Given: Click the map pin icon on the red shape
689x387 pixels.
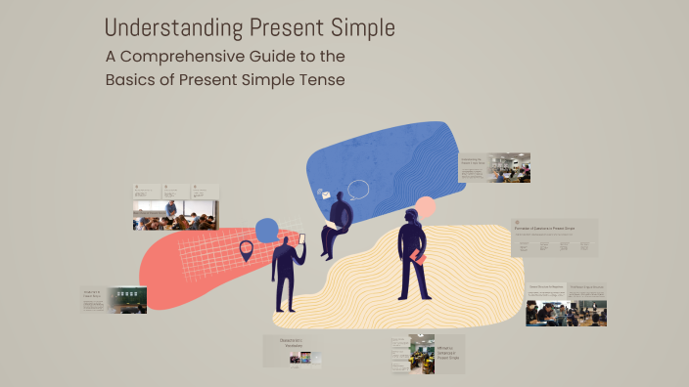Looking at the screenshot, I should (x=246, y=251).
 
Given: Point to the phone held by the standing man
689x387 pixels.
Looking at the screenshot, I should (x=301, y=238).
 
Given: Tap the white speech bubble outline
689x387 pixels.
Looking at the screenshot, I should (x=358, y=190).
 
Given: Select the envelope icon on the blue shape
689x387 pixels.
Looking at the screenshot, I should (x=325, y=195).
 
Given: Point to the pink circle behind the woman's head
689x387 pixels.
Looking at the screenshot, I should (x=426, y=207).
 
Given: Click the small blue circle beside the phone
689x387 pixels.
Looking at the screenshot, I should (x=267, y=231).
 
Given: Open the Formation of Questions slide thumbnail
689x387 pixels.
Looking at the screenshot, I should (x=554, y=237).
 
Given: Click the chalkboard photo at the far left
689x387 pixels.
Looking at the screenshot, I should (x=126, y=300).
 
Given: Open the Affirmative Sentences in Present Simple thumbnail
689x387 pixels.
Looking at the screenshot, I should (x=427, y=354).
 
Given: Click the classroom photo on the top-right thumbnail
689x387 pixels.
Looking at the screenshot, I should (x=510, y=167).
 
